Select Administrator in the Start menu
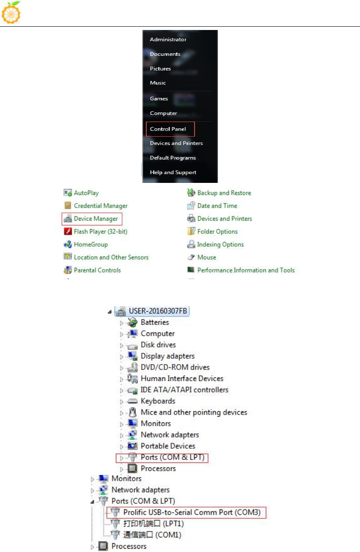(x=168, y=40)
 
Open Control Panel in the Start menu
(x=168, y=129)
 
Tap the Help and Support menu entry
(x=173, y=172)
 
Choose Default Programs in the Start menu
(x=173, y=158)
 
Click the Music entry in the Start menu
(x=158, y=83)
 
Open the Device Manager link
(x=95, y=219)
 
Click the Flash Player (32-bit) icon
(x=68, y=232)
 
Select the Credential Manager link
(x=100, y=206)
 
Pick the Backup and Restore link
(x=224, y=193)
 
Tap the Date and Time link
(x=217, y=206)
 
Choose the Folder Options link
(x=217, y=232)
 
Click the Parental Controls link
(x=97, y=270)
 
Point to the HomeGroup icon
(x=68, y=245)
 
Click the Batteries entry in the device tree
(x=155, y=322)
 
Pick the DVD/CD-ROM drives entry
(x=175, y=367)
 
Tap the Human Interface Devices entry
(x=182, y=378)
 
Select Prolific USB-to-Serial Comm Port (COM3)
(x=192, y=512)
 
